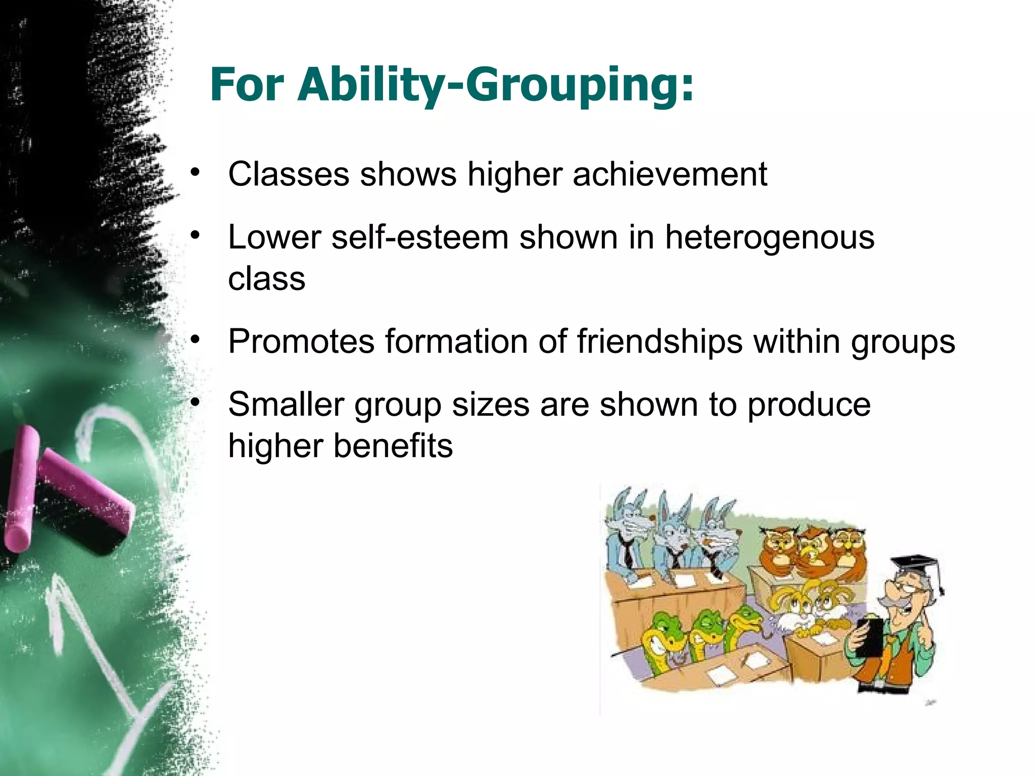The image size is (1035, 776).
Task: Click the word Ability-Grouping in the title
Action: [x=495, y=86]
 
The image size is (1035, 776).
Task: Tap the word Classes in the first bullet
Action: [x=289, y=174]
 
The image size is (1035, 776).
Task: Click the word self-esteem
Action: [x=419, y=237]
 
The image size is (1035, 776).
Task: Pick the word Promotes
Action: [x=301, y=342]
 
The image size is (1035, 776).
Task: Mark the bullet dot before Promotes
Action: [x=196, y=339]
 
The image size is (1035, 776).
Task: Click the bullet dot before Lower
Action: [x=196, y=235]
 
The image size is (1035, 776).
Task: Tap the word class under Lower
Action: [x=267, y=279]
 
